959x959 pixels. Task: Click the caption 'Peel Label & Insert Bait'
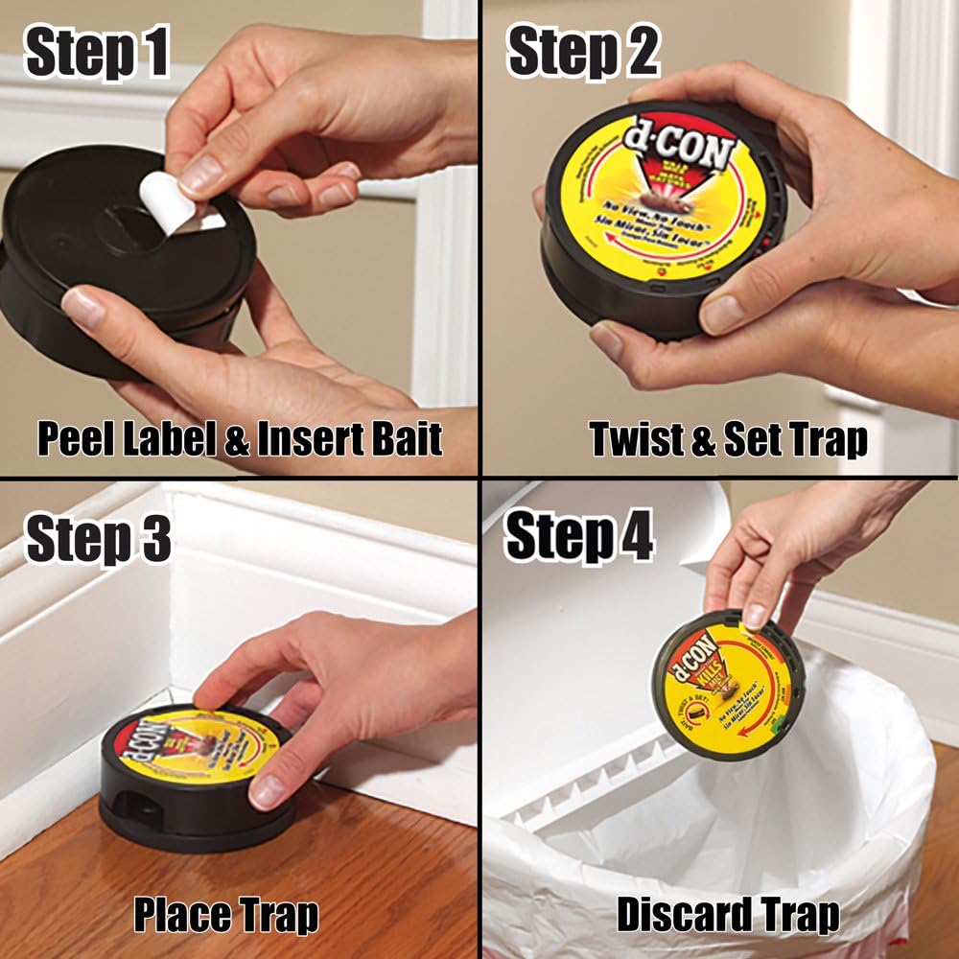coord(240,438)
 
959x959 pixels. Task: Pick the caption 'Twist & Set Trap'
coord(729,438)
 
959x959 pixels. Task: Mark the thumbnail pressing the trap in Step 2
coord(725,312)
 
